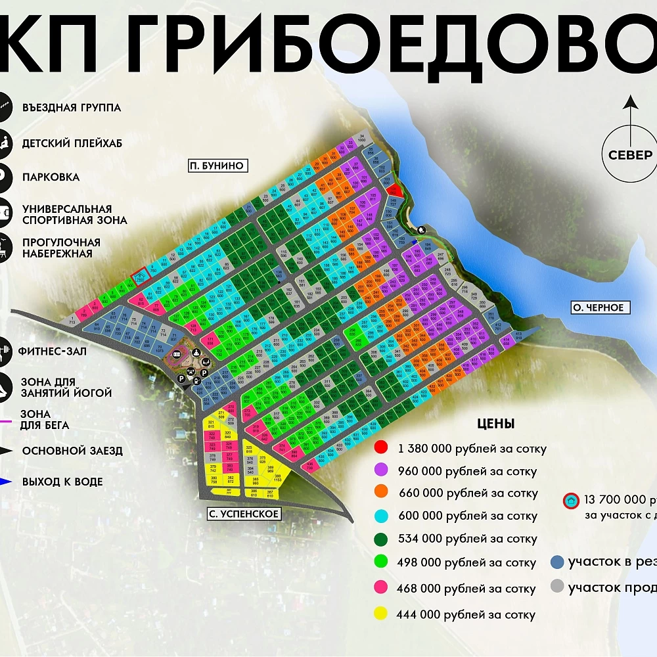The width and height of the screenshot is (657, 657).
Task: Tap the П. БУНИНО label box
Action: [x=216, y=166]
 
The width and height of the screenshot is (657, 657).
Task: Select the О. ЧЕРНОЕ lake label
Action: [x=597, y=307]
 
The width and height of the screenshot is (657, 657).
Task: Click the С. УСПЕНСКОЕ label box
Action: [x=244, y=514]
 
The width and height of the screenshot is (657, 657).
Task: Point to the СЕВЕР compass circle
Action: [x=630, y=155]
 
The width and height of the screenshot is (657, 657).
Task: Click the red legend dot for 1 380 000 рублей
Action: [x=380, y=449]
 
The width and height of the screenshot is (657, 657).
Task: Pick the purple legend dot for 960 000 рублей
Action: [x=380, y=470]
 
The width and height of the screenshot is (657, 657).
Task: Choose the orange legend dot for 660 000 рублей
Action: [x=380, y=493]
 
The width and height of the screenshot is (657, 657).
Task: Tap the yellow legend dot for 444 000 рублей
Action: [x=380, y=615]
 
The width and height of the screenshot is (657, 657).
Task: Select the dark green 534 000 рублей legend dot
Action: [x=380, y=539]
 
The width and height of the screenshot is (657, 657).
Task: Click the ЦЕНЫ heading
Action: [x=495, y=424]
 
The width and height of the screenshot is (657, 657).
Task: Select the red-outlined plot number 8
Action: [x=139, y=278]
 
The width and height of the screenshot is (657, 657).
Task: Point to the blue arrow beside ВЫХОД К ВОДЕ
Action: [x=7, y=482]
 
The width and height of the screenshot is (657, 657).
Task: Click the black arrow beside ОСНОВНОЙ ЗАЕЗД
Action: [x=7, y=451]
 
